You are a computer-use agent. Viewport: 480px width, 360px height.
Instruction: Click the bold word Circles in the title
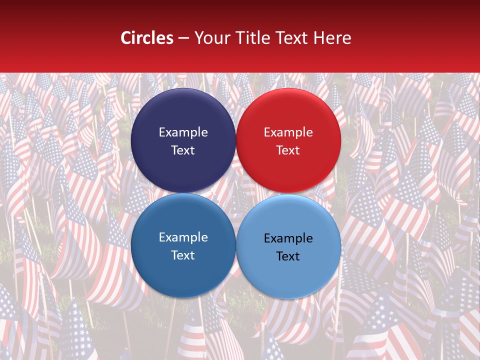pos(147,38)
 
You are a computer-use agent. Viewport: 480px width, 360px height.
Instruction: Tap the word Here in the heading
pos(332,38)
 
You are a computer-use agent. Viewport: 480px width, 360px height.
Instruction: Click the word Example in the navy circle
pos(183,132)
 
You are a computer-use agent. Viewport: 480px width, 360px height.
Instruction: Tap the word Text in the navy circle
pos(183,150)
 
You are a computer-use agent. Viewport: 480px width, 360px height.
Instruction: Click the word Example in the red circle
pos(288,132)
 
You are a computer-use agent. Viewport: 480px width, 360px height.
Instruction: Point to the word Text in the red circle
pos(288,150)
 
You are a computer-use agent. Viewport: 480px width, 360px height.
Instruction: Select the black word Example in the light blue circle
pos(288,238)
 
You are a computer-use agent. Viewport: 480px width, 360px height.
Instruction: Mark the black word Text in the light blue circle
pos(288,256)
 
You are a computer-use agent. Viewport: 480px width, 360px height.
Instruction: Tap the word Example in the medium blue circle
pos(183,237)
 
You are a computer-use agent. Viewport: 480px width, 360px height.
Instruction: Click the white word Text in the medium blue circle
pos(183,255)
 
